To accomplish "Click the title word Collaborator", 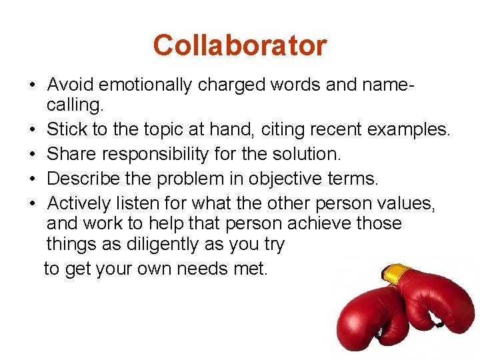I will pyautogui.click(x=239, y=45).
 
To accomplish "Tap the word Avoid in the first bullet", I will pyautogui.click(x=69, y=85).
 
